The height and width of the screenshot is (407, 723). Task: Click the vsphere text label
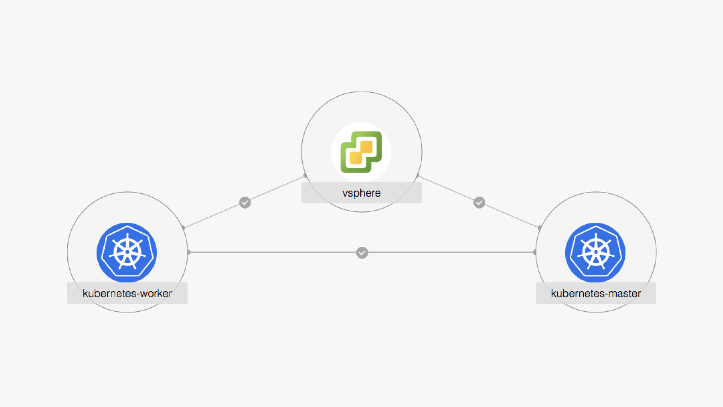[361, 193]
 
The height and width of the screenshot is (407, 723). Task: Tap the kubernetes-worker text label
[127, 293]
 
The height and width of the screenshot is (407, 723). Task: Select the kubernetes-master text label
[596, 293]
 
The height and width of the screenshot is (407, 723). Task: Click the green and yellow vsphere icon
[361, 152]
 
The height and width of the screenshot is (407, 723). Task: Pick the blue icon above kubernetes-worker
[127, 252]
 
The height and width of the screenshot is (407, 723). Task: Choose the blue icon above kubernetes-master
[595, 252]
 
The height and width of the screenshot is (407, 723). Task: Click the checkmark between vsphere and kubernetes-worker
[245, 202]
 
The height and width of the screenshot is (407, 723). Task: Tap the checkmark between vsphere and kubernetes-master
[479, 202]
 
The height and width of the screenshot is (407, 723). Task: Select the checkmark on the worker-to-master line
[362, 252]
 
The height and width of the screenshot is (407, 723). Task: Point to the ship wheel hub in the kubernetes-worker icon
[127, 252]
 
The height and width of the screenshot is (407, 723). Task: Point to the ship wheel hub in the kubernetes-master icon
[596, 252]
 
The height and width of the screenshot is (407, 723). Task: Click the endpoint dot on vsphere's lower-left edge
[305, 176]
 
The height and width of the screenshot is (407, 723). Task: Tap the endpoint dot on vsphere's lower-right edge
[418, 176]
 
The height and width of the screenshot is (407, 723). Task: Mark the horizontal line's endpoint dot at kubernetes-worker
[188, 252]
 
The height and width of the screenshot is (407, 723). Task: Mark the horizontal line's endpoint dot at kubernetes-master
[535, 252]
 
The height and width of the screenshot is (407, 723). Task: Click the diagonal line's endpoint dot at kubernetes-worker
[183, 228]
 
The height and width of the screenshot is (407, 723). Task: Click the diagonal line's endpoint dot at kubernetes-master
[540, 228]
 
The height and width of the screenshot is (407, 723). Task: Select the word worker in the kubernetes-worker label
[156, 293]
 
